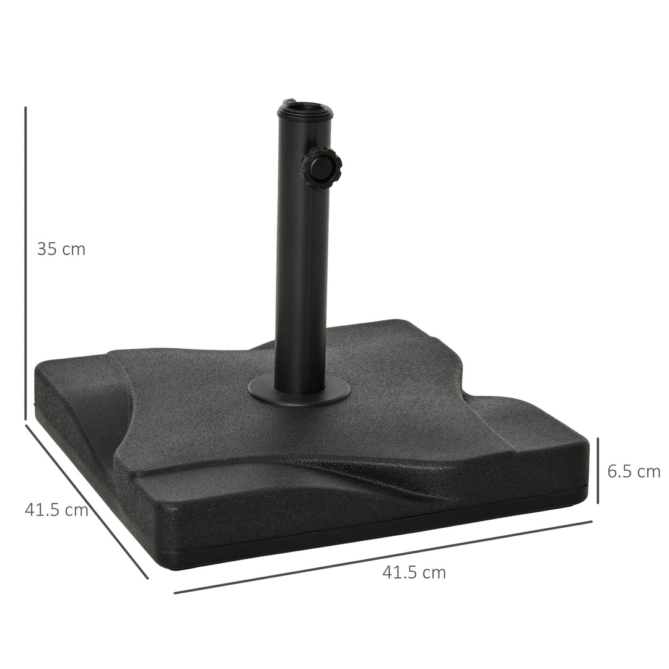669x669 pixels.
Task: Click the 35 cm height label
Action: (x=61, y=249)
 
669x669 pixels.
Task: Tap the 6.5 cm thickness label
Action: (x=634, y=471)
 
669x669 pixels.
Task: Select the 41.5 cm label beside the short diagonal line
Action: (x=56, y=510)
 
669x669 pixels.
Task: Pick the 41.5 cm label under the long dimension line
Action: (x=414, y=572)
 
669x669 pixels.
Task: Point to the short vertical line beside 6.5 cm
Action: (x=598, y=470)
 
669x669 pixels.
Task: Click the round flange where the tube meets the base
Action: (x=299, y=390)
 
